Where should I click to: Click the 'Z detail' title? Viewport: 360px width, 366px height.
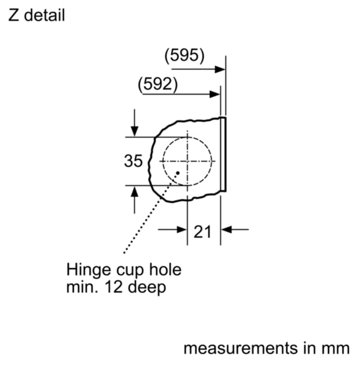click(36, 16)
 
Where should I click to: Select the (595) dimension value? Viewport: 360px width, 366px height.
click(184, 55)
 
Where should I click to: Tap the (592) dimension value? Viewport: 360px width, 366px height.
click(158, 84)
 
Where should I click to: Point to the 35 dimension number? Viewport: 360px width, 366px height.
click(133, 161)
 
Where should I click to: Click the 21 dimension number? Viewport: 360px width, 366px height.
click(203, 232)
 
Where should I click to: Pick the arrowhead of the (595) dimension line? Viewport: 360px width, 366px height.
click(220, 69)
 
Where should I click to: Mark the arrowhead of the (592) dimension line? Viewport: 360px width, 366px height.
click(215, 95)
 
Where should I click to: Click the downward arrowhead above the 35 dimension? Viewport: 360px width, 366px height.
click(134, 131)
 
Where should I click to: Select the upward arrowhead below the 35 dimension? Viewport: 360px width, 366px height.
click(134, 191)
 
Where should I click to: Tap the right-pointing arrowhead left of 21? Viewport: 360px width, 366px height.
click(182, 229)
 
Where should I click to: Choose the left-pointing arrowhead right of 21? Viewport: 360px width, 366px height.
click(226, 229)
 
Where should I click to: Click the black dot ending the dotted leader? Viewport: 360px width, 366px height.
click(177, 173)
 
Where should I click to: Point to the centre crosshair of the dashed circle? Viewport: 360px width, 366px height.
click(187, 161)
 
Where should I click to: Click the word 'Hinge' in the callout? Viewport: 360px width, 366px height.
click(88, 270)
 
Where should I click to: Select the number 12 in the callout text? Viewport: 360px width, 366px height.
click(114, 287)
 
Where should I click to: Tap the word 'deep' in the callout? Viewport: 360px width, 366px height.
click(147, 288)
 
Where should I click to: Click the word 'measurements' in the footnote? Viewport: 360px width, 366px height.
click(241, 349)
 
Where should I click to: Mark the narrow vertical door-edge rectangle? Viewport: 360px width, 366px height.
click(223, 154)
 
